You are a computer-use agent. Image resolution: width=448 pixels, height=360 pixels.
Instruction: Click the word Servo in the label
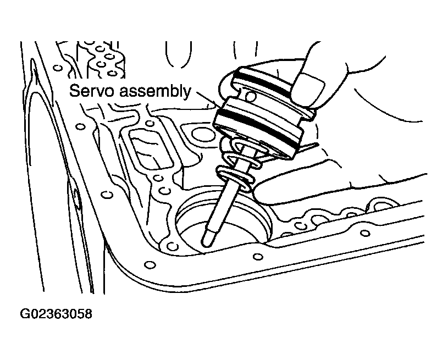[x=92, y=91]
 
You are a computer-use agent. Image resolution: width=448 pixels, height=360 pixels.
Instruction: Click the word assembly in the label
[x=155, y=92]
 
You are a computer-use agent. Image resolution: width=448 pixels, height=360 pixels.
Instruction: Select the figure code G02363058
[x=56, y=313]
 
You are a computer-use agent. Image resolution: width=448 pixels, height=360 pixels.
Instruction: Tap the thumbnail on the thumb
[x=307, y=88]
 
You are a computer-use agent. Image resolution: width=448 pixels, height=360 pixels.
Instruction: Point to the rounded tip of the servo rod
[x=207, y=241]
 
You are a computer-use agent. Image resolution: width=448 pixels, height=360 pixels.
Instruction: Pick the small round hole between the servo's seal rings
[x=251, y=97]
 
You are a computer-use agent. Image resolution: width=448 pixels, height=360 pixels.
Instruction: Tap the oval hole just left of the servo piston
[x=201, y=134]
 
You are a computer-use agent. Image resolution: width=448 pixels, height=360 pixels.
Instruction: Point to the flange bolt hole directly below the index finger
[x=258, y=256]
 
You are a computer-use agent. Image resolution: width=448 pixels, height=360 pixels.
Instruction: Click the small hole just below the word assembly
[x=149, y=124]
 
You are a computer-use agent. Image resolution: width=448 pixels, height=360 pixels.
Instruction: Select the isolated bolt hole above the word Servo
[x=58, y=68]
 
